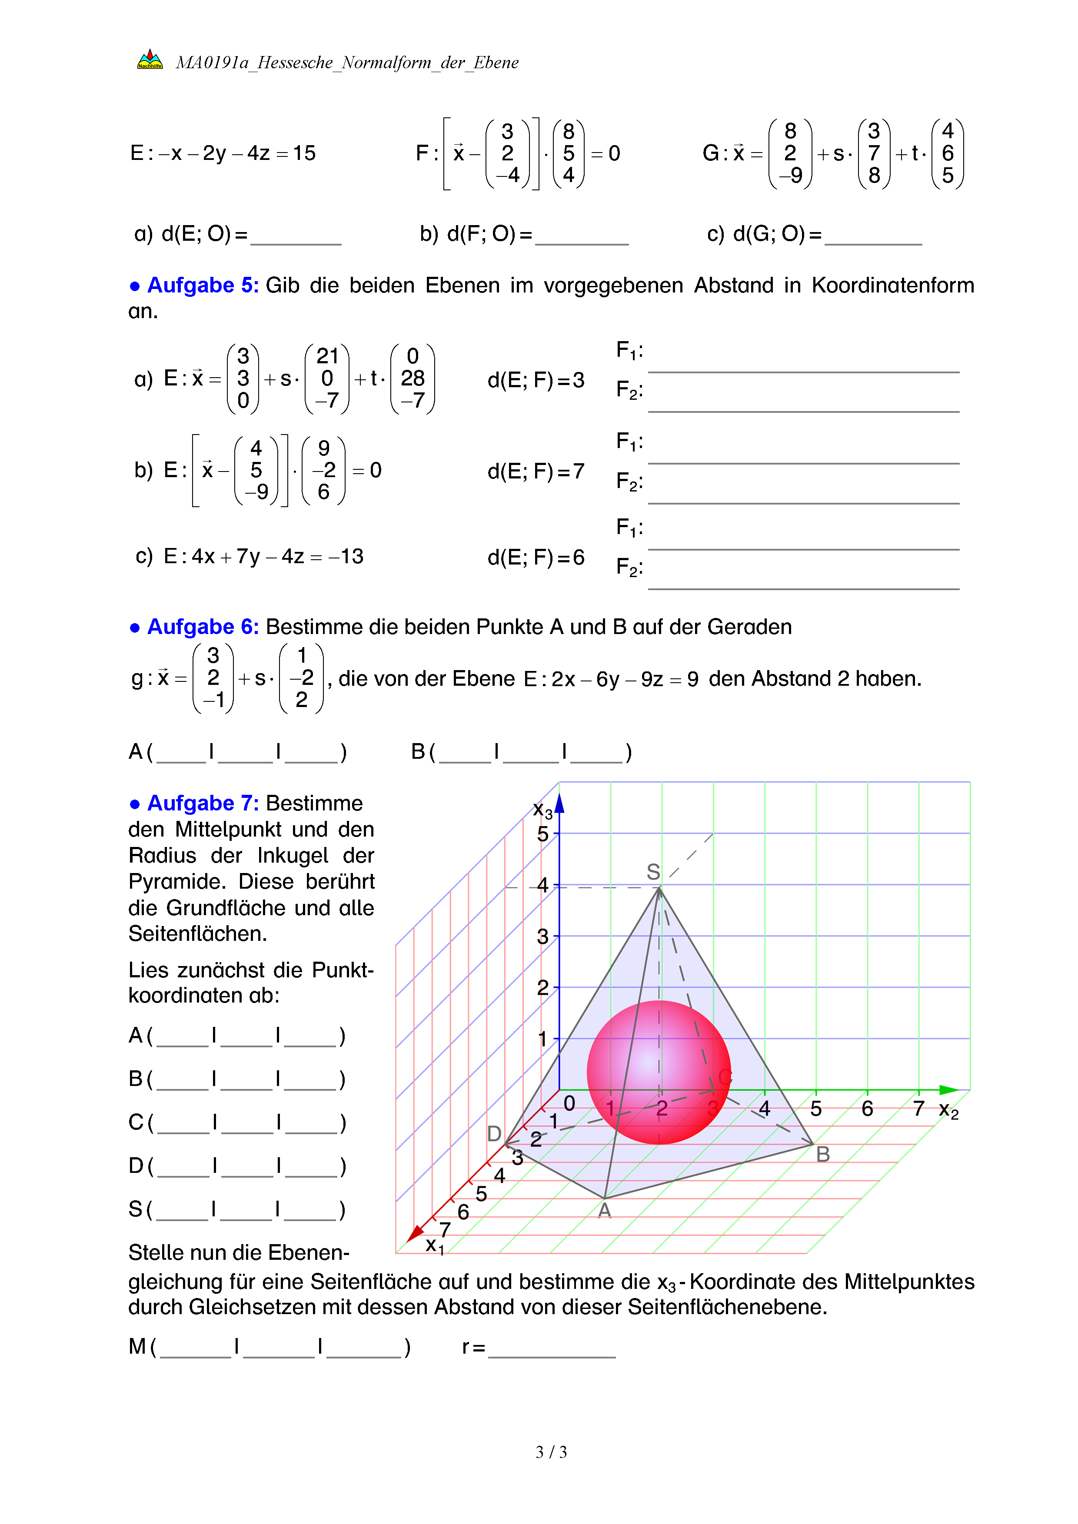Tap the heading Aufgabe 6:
tap(203, 627)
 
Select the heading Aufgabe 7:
tap(203, 803)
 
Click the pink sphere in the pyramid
tap(659, 1072)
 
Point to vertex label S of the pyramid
tap(653, 872)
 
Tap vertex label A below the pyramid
tap(604, 1211)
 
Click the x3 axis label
tap(542, 810)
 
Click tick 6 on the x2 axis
tap(867, 1109)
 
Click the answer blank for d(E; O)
tap(296, 237)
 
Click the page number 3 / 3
tap(551, 1452)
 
